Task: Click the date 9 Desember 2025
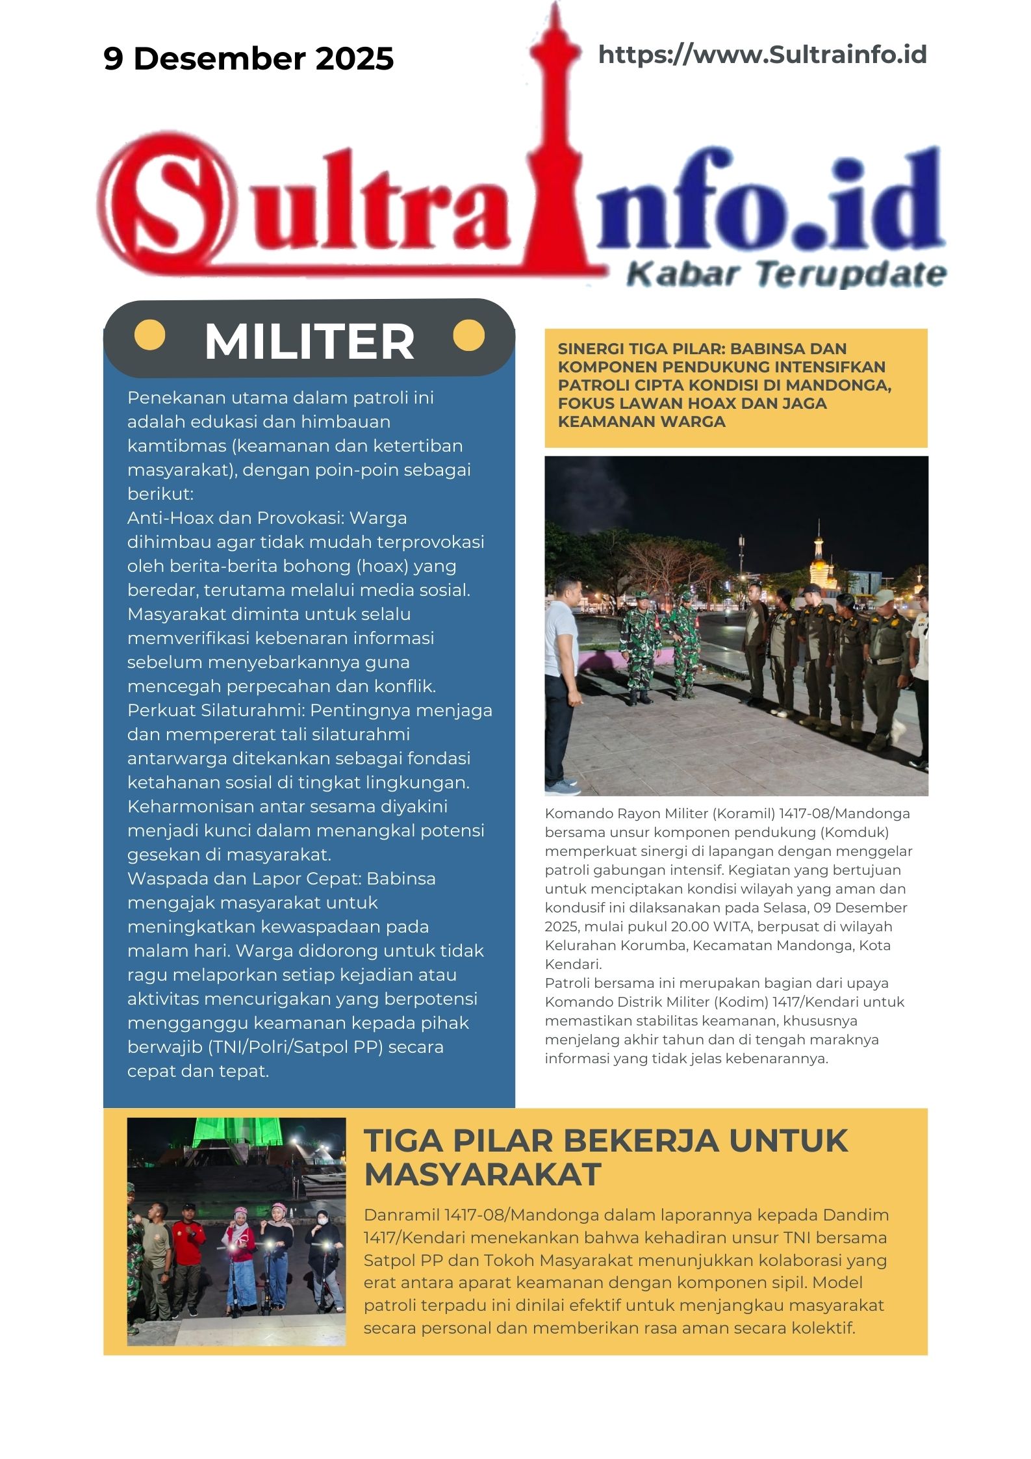(x=248, y=58)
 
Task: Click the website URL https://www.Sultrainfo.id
(x=762, y=55)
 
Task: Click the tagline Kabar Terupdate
(x=785, y=274)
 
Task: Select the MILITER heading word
(x=309, y=342)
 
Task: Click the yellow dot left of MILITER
(x=149, y=335)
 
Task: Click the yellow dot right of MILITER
(x=468, y=335)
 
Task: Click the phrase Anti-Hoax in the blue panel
(x=171, y=518)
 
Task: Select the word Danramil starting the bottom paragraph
(x=401, y=1215)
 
